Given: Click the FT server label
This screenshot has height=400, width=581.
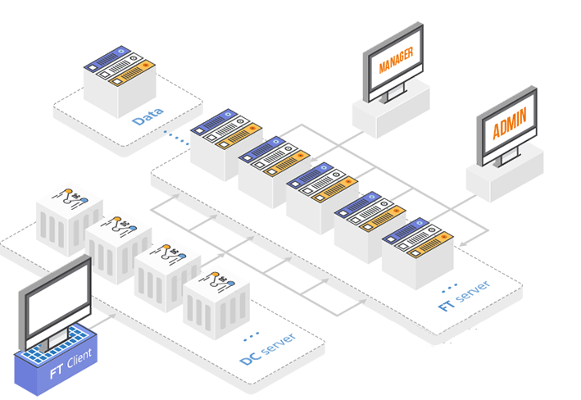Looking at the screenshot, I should pyautogui.click(x=465, y=297).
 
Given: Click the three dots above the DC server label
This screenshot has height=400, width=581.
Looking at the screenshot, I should pyautogui.click(x=252, y=334).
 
